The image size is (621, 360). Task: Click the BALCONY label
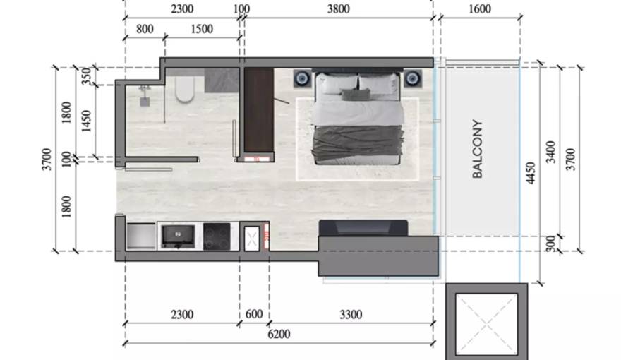tap(478, 149)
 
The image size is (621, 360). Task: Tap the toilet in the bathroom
tap(185, 89)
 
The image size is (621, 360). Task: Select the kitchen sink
tap(179, 236)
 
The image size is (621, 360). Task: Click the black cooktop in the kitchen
tap(217, 236)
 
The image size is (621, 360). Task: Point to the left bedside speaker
tap(303, 78)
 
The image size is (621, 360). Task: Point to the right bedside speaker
tap(413, 78)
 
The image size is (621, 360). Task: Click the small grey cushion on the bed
tap(356, 95)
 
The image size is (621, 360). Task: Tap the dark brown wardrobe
tap(258, 109)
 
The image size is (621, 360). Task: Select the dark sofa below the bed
tap(363, 228)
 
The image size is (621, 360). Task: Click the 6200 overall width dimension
tap(279, 335)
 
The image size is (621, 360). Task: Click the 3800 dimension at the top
tap(338, 8)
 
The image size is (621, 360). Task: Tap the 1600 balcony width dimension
tap(480, 8)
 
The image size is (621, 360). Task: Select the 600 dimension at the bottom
tap(254, 314)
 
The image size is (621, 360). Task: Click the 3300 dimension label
tap(351, 314)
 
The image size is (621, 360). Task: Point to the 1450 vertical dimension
tap(86, 121)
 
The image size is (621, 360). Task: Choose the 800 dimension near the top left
tap(145, 29)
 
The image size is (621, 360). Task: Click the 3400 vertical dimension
tap(550, 152)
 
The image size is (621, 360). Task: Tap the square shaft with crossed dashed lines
tap(487, 322)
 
